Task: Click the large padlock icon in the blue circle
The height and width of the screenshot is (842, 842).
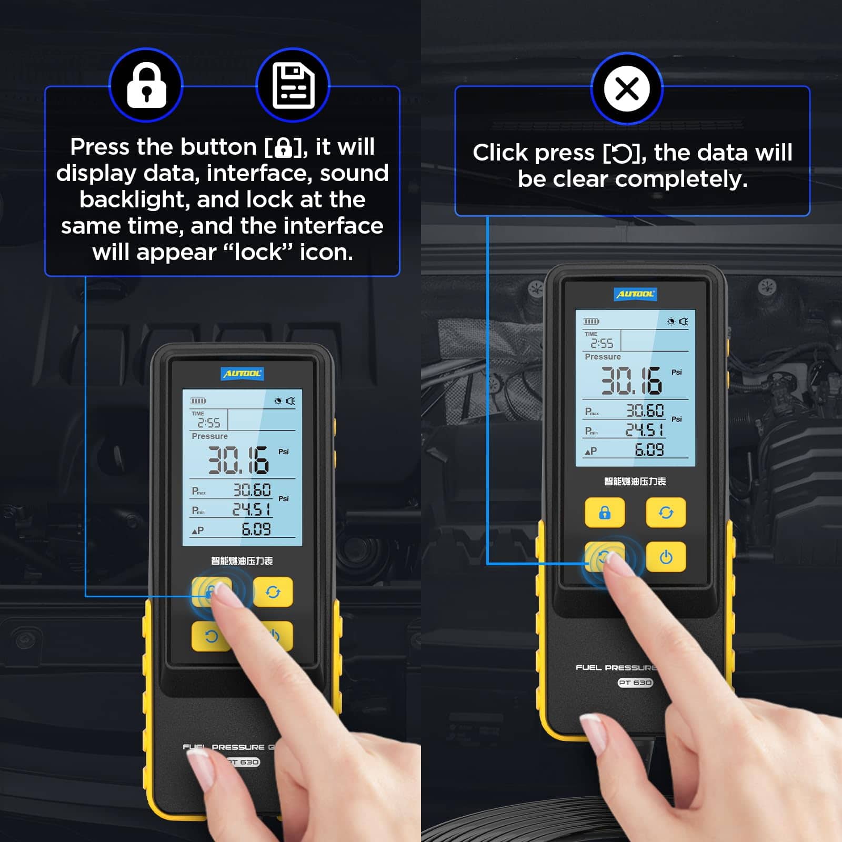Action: (x=146, y=85)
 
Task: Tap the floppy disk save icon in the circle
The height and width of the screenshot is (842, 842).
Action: (x=293, y=85)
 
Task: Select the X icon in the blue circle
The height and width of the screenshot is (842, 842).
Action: (x=627, y=88)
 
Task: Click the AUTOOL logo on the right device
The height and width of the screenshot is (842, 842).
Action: (x=636, y=294)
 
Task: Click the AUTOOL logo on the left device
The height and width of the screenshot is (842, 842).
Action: (x=242, y=374)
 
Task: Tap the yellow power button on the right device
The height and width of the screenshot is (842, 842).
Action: (x=666, y=557)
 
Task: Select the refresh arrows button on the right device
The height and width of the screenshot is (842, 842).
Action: (x=666, y=513)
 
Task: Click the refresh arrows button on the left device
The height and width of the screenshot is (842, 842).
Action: (x=273, y=592)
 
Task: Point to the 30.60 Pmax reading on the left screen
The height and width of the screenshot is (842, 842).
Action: (x=252, y=490)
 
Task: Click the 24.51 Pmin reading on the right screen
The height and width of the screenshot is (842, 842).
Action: (x=645, y=430)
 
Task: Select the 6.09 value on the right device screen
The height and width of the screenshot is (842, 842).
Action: (x=649, y=450)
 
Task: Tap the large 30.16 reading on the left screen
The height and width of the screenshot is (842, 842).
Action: (x=238, y=460)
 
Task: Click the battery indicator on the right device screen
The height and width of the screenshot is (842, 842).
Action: (x=591, y=322)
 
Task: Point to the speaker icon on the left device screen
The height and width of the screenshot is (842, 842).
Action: (x=290, y=401)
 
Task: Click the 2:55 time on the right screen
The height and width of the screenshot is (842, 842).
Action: (x=602, y=344)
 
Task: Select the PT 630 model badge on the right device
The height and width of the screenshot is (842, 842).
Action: (x=635, y=683)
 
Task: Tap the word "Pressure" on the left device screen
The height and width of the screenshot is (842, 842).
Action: (x=209, y=436)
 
